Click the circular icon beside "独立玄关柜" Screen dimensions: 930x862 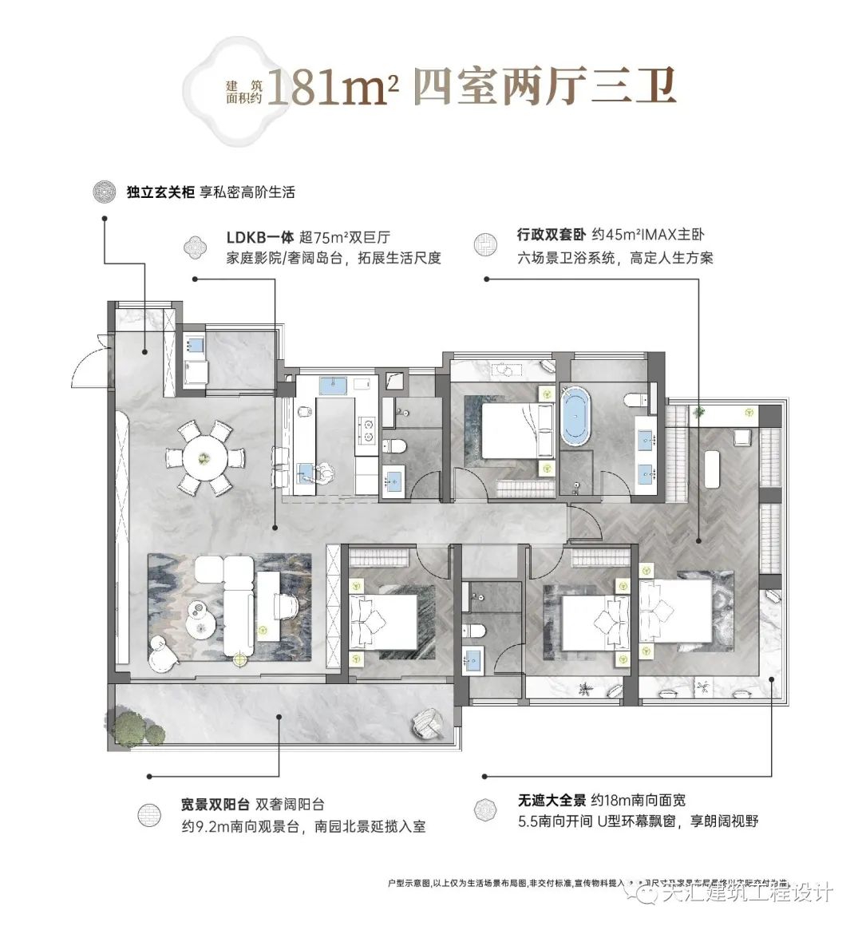(102, 193)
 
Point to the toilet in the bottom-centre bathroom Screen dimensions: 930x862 (476, 628)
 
